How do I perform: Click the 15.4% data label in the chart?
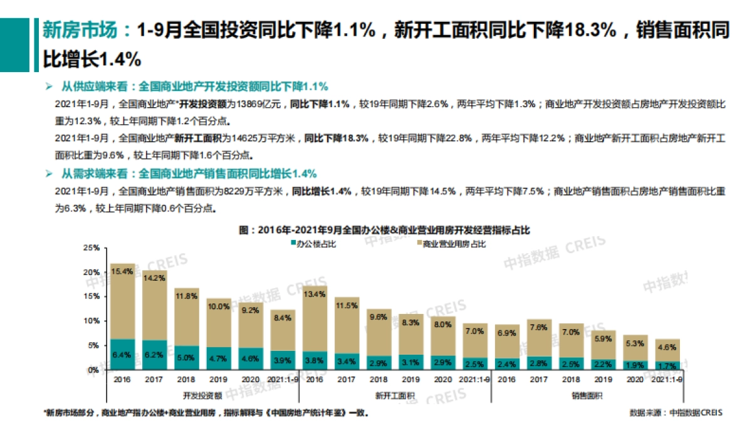pyautogui.click(x=122, y=271)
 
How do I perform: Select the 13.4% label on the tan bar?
pyautogui.click(x=315, y=293)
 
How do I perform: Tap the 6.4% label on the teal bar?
pyautogui.click(x=122, y=355)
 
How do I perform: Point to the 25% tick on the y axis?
pyautogui.click(x=91, y=248)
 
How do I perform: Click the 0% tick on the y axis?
pyautogui.click(x=93, y=370)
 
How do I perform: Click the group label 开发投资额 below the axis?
pyautogui.click(x=202, y=395)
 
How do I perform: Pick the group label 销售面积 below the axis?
pyautogui.click(x=587, y=395)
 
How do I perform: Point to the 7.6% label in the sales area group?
pyautogui.click(x=539, y=327)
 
